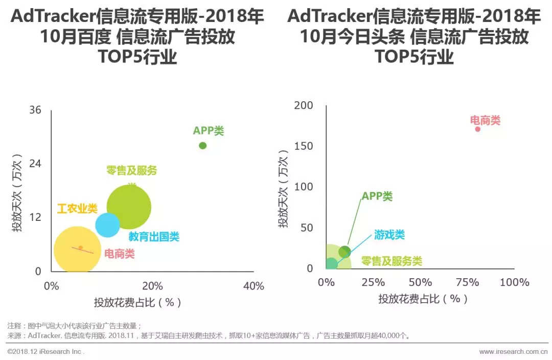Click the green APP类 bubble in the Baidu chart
pos(202,146)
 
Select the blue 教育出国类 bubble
pos(107,225)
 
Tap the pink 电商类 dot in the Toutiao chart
pos(478,129)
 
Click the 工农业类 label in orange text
pos(77,209)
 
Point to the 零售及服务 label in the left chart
pos(131,171)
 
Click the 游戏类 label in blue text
pos(389,235)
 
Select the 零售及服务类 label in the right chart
pos(392,261)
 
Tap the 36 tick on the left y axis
pos(35,110)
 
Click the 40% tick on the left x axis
pos(253,286)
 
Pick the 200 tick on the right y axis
pos(304,105)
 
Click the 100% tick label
pos(514,282)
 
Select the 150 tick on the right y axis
pos(304,146)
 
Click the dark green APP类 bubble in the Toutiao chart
pos(345,252)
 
